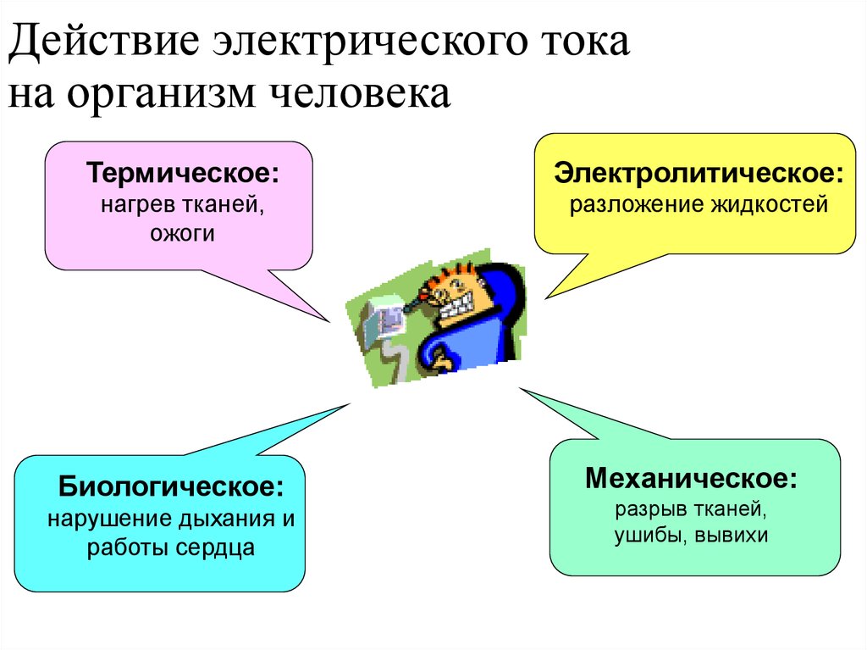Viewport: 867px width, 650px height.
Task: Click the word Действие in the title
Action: [x=103, y=42]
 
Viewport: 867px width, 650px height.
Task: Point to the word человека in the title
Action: [x=360, y=93]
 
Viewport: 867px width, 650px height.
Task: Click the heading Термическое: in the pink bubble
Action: [x=183, y=172]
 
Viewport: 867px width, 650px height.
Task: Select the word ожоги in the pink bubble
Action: [x=182, y=234]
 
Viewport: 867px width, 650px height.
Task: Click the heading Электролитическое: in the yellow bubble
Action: [x=699, y=172]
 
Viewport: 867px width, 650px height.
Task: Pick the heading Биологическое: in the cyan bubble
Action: [x=170, y=486]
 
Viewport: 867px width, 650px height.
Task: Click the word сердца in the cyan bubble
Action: [x=215, y=548]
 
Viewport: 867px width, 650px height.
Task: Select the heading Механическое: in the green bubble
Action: [x=691, y=478]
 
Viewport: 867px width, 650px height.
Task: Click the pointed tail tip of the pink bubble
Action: [x=329, y=321]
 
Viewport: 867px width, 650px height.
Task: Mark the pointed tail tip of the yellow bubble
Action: [x=546, y=298]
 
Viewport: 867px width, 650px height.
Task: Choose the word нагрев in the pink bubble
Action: [x=132, y=205]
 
